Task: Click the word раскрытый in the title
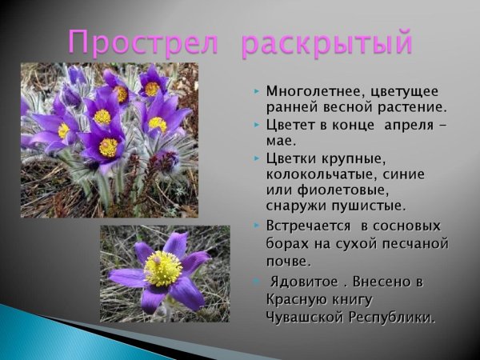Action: (x=328, y=42)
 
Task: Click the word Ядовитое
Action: (x=302, y=282)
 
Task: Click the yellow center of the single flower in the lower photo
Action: (x=163, y=269)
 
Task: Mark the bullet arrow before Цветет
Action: (x=256, y=126)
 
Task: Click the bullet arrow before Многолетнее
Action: (x=256, y=91)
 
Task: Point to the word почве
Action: (x=286, y=261)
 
